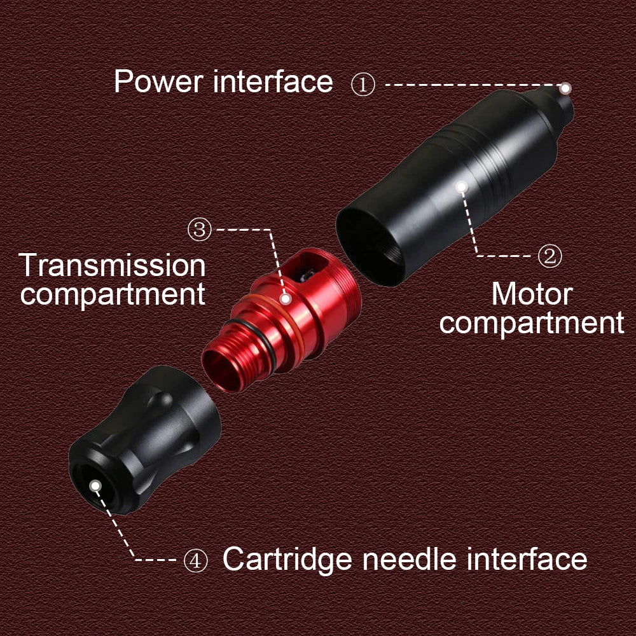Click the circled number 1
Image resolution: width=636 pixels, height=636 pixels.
[363, 85]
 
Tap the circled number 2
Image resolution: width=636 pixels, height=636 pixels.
[550, 256]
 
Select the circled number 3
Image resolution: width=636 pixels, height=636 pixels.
[200, 230]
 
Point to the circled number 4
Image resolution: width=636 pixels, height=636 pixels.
[195, 560]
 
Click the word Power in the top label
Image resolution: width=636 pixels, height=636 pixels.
[159, 82]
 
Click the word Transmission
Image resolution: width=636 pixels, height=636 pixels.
[113, 265]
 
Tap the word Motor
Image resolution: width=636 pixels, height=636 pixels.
[532, 294]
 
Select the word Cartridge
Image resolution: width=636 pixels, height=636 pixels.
[287, 560]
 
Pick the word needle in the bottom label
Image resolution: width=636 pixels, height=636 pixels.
[410, 560]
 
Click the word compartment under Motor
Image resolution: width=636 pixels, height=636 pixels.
[532, 323]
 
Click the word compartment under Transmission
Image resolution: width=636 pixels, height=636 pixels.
[113, 294]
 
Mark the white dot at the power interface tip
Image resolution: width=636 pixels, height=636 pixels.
[565, 88]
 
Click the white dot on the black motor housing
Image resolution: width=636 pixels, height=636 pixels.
[462, 186]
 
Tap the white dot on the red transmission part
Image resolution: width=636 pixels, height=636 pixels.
[286, 298]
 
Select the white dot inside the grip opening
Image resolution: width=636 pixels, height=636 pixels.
[95, 486]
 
